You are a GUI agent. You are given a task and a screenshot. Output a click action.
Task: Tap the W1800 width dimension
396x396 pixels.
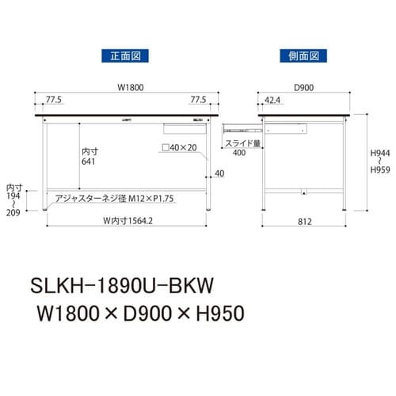click(x=127, y=88)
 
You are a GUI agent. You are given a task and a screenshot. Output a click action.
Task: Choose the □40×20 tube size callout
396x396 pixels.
click(x=178, y=148)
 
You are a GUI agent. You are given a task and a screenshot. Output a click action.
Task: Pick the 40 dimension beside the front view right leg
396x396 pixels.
click(x=219, y=174)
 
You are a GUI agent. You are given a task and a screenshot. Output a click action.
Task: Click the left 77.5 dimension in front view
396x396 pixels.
click(x=54, y=101)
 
